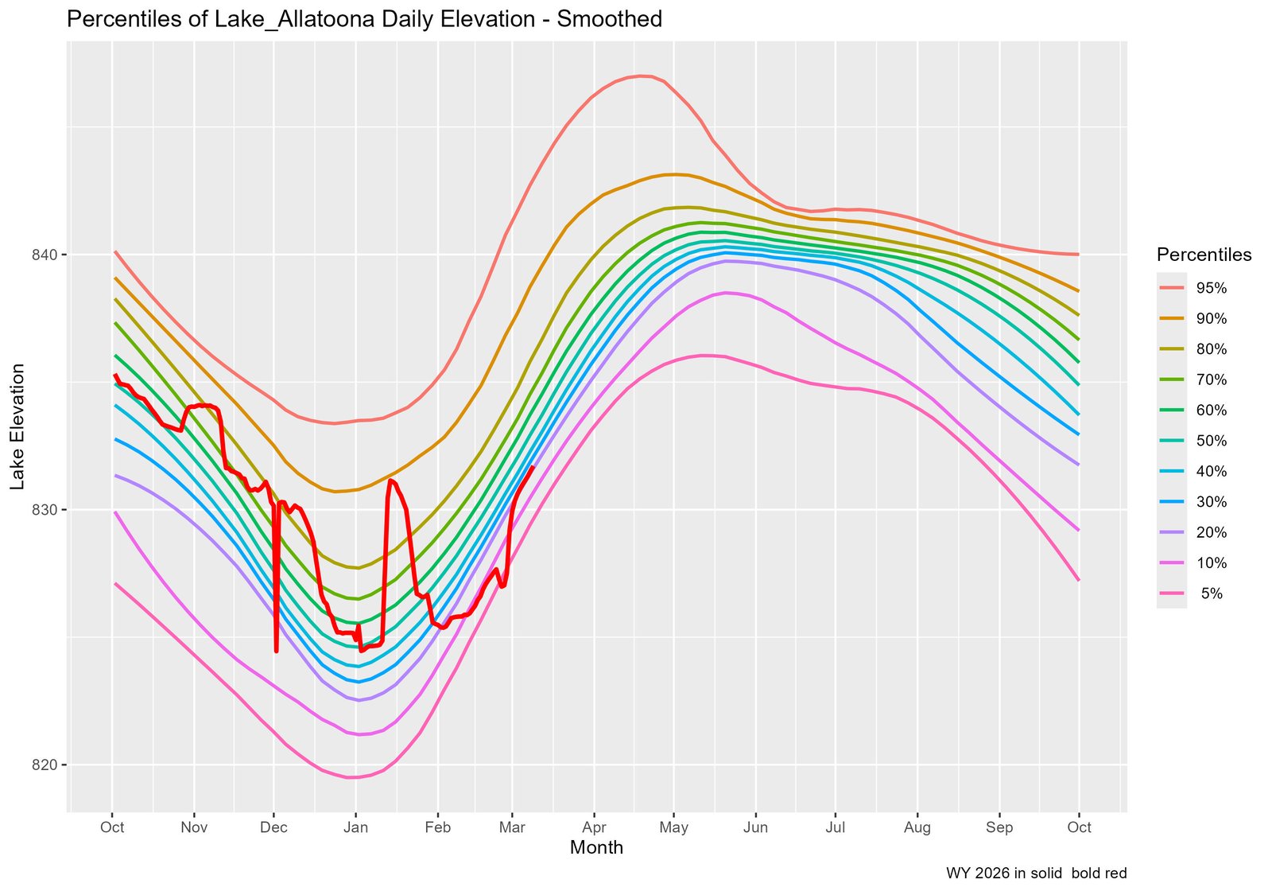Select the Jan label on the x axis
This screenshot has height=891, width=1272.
click(x=355, y=827)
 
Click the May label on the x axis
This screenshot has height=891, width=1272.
click(x=673, y=827)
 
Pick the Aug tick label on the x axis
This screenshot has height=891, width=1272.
click(x=917, y=827)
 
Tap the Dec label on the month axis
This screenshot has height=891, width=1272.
click(x=273, y=827)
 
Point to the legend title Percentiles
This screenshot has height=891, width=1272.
click(x=1204, y=255)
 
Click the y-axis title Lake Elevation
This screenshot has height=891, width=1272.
click(x=17, y=426)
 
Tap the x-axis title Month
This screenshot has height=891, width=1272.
click(x=596, y=848)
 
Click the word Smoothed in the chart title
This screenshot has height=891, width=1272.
click(x=610, y=19)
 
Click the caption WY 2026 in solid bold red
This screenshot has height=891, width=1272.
click(x=1036, y=873)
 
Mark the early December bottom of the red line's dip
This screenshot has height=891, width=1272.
click(x=276, y=652)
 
